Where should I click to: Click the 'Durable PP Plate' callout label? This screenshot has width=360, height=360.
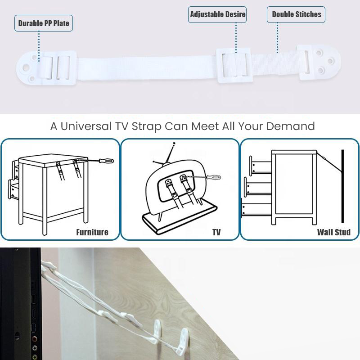tap(44, 23)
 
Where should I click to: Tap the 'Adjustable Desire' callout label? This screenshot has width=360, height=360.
tap(217, 14)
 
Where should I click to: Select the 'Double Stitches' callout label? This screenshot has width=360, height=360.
tap(296, 14)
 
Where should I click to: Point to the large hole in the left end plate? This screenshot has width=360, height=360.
tap(26, 68)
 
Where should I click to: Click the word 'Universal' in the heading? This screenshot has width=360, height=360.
tap(86, 126)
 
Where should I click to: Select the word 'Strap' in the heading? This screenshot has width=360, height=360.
tap(147, 127)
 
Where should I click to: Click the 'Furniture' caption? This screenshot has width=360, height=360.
tap(92, 232)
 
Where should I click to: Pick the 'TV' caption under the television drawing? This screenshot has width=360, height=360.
tap(216, 232)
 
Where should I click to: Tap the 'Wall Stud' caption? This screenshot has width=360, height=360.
tap(333, 232)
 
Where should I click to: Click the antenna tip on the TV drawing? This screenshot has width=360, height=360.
tap(174, 143)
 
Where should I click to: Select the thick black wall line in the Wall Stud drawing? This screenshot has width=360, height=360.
tap(342, 186)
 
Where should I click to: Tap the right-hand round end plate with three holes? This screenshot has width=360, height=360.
tap(319, 62)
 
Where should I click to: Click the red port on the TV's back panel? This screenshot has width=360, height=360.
tap(35, 339)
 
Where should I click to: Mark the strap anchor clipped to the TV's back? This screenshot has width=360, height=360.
tap(48, 265)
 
